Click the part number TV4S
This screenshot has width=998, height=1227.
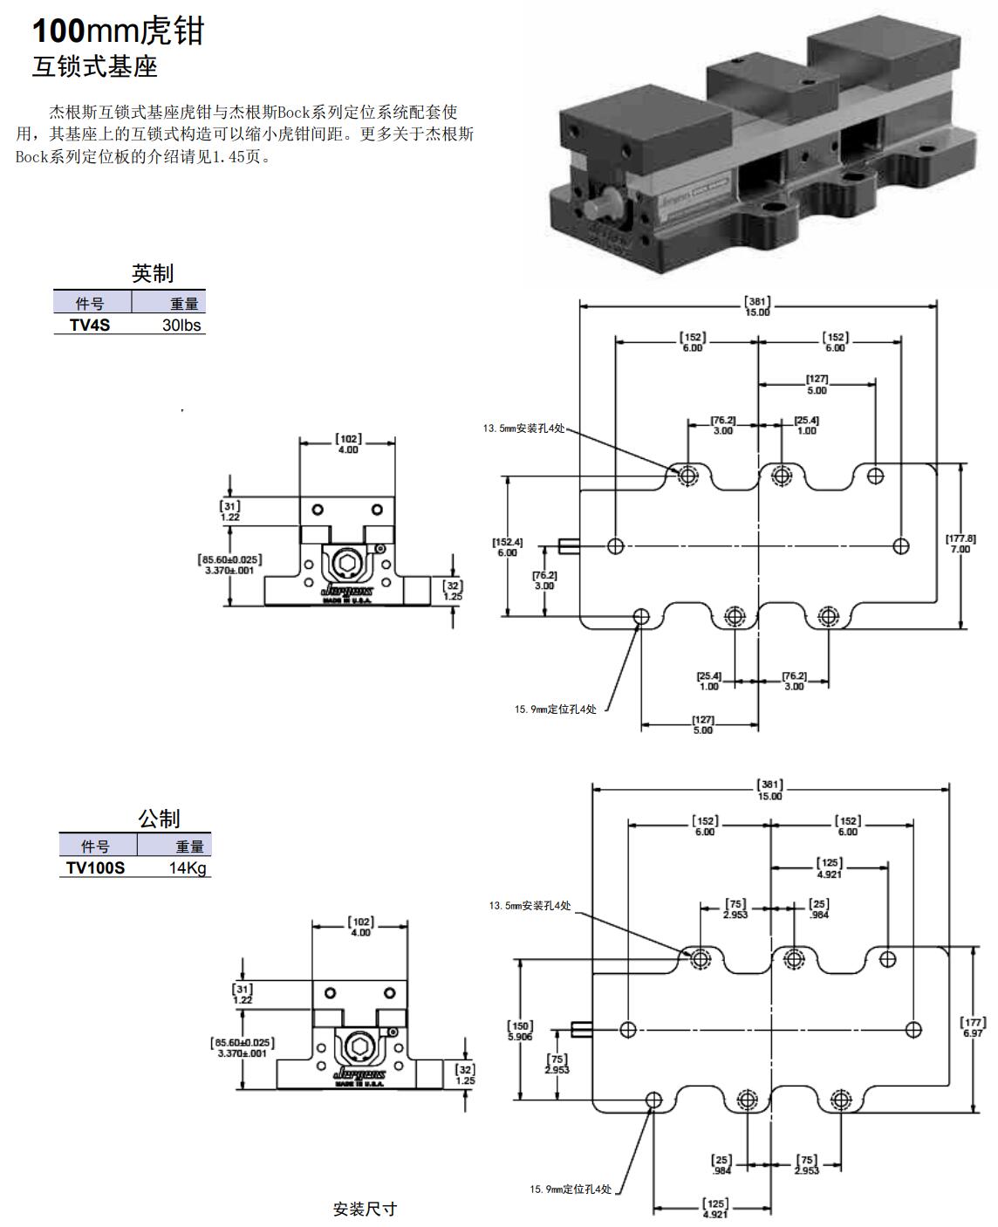coord(90,326)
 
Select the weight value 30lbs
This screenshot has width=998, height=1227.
coord(181,326)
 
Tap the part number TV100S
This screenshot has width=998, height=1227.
coord(95,868)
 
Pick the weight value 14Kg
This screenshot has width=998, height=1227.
coord(189,868)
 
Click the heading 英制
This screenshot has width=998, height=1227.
coord(153,274)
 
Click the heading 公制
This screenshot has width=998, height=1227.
coord(159,819)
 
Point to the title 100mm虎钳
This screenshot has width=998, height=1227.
coord(118,31)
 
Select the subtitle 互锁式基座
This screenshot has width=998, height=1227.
coord(95,67)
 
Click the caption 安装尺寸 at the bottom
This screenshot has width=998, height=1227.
coord(365,1209)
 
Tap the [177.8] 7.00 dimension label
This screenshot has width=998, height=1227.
coord(960,544)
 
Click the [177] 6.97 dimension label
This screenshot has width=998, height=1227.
coord(973,1027)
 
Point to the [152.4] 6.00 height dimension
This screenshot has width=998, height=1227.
coord(507,547)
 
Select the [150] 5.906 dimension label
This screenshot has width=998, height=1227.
coord(520,1031)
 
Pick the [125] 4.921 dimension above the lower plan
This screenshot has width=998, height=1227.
coord(829,868)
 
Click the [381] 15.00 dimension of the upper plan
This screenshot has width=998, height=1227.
coord(757,306)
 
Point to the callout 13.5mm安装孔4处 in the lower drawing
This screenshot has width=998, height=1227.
coord(530,906)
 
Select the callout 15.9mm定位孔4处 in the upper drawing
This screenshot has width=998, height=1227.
coord(555,709)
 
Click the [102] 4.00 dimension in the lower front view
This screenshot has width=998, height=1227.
coord(360,927)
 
